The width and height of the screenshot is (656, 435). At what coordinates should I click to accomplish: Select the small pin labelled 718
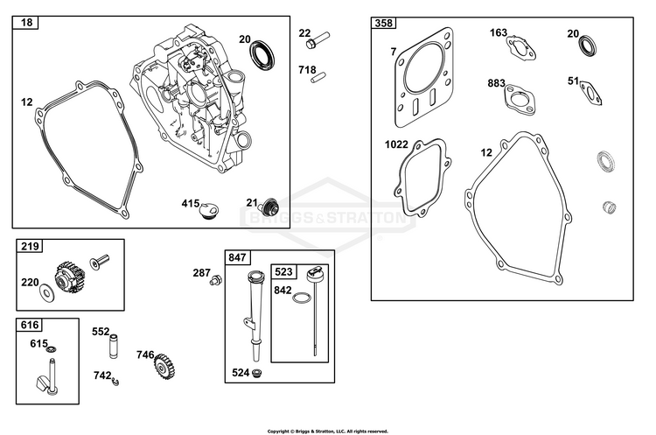tap(318, 78)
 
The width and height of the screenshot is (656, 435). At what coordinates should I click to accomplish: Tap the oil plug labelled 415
tap(209, 210)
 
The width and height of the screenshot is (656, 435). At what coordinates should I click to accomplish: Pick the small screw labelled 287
tap(215, 280)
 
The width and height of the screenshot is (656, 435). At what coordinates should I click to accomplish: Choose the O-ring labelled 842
tap(302, 298)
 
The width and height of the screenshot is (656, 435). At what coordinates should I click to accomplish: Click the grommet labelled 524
tap(257, 373)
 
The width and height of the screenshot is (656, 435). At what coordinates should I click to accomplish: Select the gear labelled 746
tap(164, 368)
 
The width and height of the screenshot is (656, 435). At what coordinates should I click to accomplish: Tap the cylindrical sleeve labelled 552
tap(113, 346)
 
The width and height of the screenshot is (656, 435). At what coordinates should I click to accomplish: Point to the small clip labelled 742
tap(115, 381)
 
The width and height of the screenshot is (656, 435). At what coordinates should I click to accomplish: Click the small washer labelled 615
tap(52, 349)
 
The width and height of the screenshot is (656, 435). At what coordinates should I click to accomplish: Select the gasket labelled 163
tap(521, 48)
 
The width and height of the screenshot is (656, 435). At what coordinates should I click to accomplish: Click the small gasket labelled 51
tap(590, 93)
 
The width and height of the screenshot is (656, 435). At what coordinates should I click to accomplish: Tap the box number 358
tap(384, 23)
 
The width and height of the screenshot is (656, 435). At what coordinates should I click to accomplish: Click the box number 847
tap(237, 257)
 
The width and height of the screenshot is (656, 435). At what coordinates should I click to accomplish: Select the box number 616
tap(29, 325)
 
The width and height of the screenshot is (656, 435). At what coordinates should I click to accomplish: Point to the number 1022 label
tap(396, 144)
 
